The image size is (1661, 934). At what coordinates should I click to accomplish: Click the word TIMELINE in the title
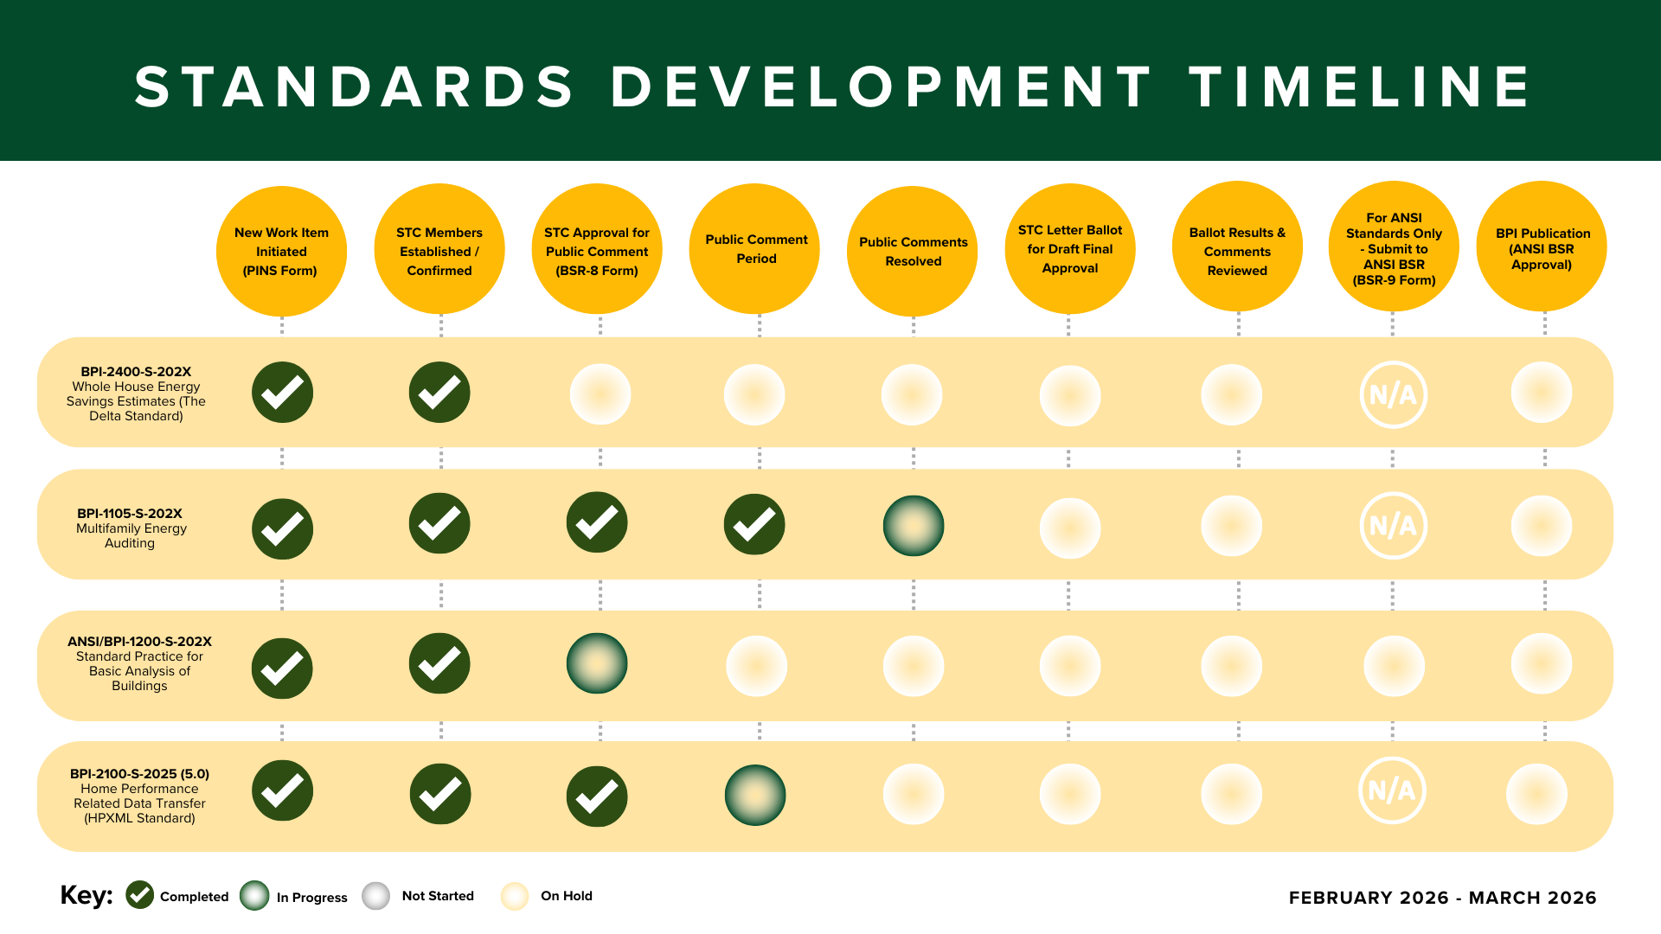[x=1359, y=86]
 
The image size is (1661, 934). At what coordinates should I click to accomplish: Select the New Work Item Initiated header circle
[x=281, y=252]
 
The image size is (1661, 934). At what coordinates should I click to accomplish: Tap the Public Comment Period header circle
[x=755, y=249]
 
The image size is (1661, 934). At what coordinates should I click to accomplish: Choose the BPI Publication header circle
[x=1542, y=248]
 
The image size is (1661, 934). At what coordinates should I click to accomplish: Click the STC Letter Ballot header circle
[x=1069, y=249]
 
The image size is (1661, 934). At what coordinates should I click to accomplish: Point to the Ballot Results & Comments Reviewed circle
[x=1237, y=250]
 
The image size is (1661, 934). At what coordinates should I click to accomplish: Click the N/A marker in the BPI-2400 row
[x=1393, y=395]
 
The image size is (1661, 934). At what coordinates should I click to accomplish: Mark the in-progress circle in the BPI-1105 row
[x=914, y=526]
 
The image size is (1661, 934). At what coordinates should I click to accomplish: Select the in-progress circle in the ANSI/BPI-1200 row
[x=597, y=663]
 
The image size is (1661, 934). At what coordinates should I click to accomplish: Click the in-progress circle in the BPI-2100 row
[x=755, y=795]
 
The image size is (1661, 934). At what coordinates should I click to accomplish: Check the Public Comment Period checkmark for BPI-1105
[x=754, y=524]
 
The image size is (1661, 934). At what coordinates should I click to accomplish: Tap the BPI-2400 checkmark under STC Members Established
[x=439, y=393]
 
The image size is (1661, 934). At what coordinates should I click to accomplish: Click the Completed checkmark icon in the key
[x=139, y=895]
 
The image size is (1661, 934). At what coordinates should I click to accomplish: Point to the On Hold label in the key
[x=566, y=896]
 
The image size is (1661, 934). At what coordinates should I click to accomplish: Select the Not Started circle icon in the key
[x=376, y=896]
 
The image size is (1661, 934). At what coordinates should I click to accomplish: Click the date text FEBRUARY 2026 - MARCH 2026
[x=1442, y=898]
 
